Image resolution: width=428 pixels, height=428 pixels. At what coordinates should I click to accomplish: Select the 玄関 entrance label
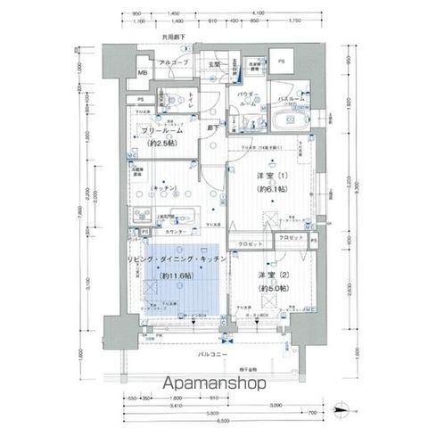(215, 63)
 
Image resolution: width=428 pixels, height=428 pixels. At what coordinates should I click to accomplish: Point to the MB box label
(143, 72)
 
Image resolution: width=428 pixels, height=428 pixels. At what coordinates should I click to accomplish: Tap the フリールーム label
(162, 131)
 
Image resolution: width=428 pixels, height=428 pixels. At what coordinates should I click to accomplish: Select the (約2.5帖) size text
(162, 144)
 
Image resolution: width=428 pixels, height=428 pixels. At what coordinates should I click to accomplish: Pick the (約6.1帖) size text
(270, 190)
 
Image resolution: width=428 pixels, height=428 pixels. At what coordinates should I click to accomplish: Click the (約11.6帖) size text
(178, 276)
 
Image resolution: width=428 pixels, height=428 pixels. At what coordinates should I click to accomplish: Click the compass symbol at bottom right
(342, 411)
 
